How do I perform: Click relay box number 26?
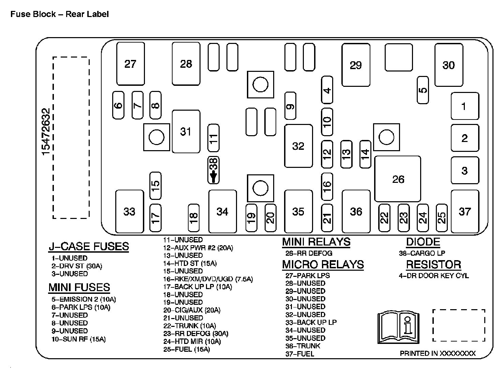[x=397, y=179]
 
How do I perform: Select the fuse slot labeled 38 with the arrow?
[x=213, y=170]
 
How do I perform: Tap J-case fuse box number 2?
[x=465, y=138]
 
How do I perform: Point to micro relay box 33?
[x=129, y=211]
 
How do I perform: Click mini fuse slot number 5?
[x=423, y=90]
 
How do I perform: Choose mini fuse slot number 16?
[x=327, y=186]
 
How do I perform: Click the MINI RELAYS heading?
[x=316, y=242]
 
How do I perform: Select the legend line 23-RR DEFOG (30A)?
[x=196, y=334]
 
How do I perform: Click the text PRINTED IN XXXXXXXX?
[x=438, y=353]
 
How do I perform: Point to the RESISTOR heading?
[x=433, y=265]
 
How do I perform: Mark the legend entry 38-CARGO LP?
[x=422, y=253]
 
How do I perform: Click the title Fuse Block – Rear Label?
[x=60, y=14]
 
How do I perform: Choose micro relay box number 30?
[x=448, y=65]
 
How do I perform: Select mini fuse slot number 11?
[x=213, y=138]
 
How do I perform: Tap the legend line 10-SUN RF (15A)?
[x=79, y=339]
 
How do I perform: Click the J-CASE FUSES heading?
[x=89, y=246]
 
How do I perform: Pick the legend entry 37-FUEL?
[x=300, y=354]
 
